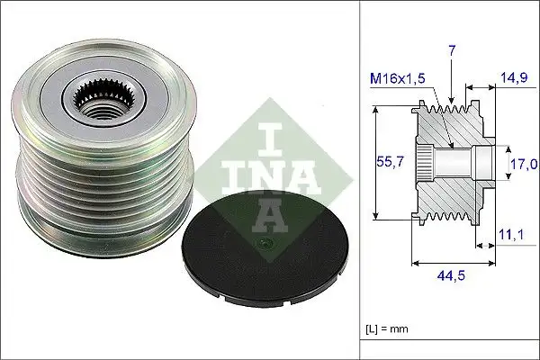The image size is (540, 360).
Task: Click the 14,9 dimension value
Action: point(516,77)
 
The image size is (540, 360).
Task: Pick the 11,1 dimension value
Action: point(513,236)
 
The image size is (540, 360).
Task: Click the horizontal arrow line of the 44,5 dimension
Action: point(450,264)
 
